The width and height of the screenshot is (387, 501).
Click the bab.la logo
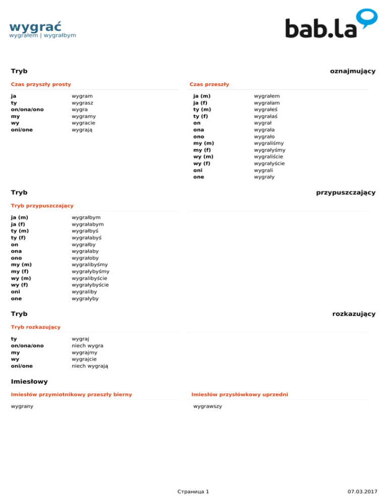[x=331, y=24]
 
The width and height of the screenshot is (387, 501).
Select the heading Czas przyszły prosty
[x=41, y=84]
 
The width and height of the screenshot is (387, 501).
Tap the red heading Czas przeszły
[x=209, y=84]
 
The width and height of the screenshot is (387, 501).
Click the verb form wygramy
[x=84, y=116]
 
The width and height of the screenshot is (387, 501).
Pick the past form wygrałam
[x=267, y=102]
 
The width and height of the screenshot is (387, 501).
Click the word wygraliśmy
[x=270, y=143]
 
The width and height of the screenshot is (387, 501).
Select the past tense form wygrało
[x=265, y=136]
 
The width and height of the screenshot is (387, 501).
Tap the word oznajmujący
[x=353, y=71]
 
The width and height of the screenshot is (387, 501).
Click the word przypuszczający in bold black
[x=346, y=193]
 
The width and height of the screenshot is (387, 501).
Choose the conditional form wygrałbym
[x=86, y=217]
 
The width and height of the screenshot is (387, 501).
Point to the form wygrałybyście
[x=91, y=285]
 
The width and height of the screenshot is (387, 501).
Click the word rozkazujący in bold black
[x=354, y=314]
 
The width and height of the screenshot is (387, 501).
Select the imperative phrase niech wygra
[x=88, y=346]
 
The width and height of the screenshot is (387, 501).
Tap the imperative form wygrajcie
[x=85, y=359]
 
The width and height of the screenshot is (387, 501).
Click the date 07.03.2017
[x=362, y=491]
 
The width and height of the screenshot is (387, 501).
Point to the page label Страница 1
[x=193, y=491]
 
